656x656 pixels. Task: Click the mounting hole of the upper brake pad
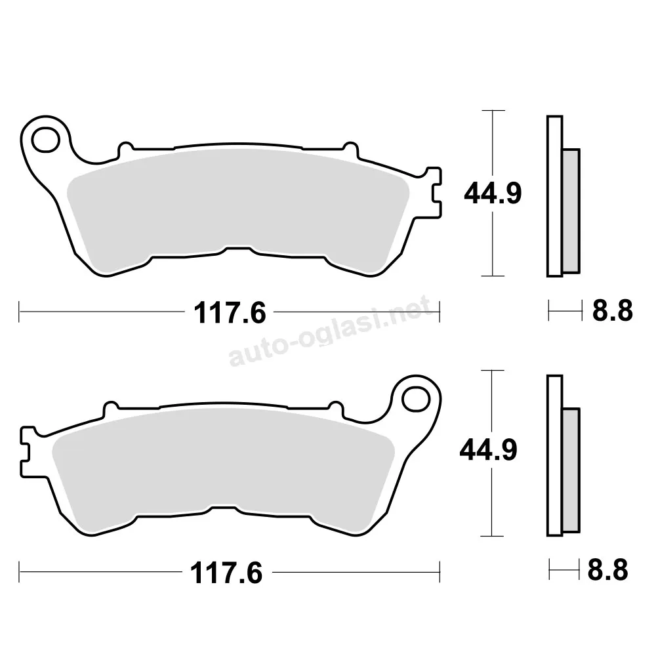[x=46, y=140]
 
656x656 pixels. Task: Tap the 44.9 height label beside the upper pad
[x=493, y=194]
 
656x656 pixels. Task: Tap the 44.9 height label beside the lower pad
[x=488, y=450]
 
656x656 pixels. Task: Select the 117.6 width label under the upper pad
[x=230, y=313]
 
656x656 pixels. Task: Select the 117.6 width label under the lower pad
[x=226, y=573]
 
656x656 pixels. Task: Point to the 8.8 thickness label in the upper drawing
[x=613, y=311]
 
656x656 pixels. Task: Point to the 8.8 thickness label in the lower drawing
[x=608, y=570]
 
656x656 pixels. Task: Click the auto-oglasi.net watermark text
[x=330, y=331]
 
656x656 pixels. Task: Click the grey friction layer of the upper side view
[x=571, y=211]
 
